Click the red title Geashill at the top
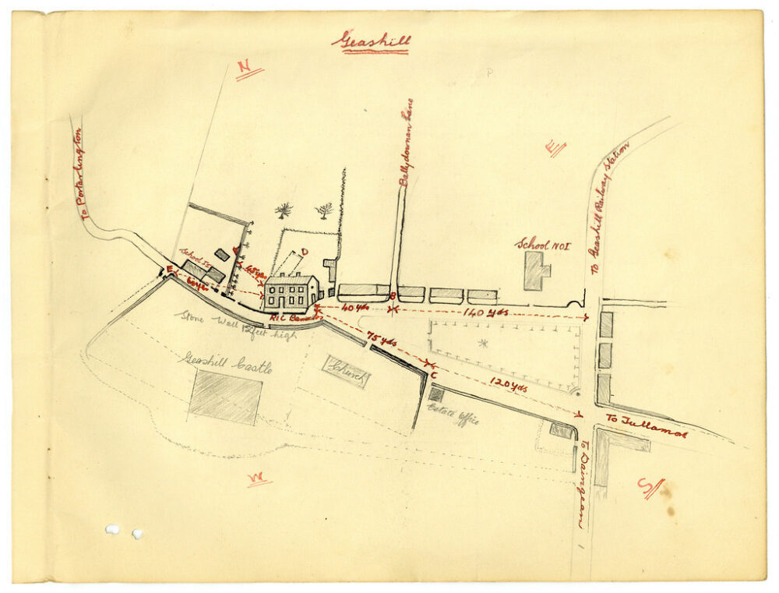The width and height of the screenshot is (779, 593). pos(371,41)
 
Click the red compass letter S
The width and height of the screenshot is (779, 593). pos(648,488)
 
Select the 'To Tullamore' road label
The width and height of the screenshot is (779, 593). pos(646,424)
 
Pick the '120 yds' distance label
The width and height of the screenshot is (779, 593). pos(508,383)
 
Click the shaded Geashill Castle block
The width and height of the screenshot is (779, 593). pos(226,397)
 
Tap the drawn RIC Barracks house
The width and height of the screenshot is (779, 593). pos(291,292)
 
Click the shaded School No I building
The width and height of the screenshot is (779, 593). pos(536,270)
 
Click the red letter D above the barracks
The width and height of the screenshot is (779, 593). pos(305,250)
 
